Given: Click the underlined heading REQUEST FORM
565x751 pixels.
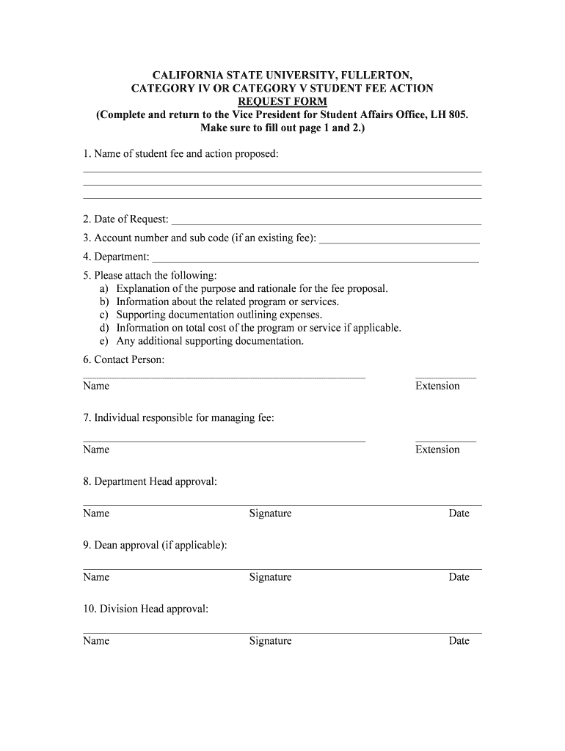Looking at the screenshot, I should click(x=282, y=101).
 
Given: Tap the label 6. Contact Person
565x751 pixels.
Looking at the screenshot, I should click(x=124, y=359).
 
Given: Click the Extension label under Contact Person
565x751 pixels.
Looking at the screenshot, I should click(x=437, y=386).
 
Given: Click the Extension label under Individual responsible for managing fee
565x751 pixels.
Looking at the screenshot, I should click(x=437, y=450).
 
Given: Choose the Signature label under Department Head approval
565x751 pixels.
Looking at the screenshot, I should click(x=270, y=513).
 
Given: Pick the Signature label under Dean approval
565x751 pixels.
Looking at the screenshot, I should click(x=270, y=577).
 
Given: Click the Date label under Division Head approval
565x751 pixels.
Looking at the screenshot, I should click(x=459, y=641).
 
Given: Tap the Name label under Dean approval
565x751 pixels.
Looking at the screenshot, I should click(x=96, y=577).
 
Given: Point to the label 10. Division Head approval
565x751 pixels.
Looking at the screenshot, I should click(x=146, y=609).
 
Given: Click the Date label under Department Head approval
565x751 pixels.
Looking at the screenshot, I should click(x=459, y=513).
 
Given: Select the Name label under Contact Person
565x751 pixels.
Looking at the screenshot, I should click(x=96, y=386).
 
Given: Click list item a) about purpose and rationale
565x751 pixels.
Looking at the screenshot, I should click(x=252, y=288).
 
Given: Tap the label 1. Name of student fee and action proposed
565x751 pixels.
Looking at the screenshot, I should click(x=181, y=154).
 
